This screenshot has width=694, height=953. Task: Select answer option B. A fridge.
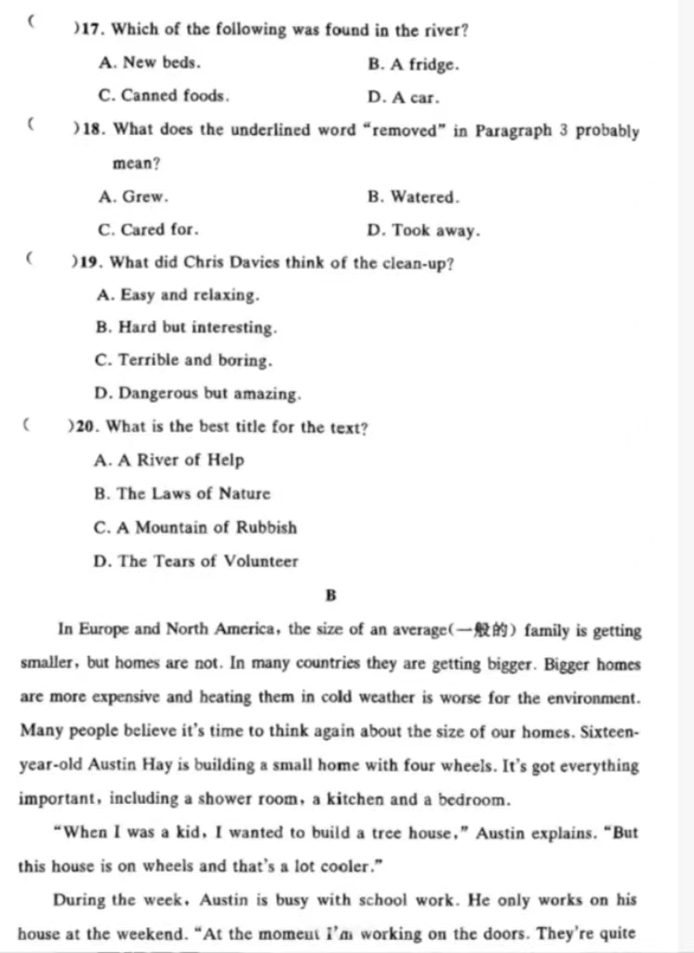point(413,64)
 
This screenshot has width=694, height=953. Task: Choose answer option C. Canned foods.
point(163,96)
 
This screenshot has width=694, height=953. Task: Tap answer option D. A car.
point(404,97)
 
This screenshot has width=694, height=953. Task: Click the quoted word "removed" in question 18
point(406,130)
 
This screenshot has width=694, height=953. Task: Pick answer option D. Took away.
point(424,230)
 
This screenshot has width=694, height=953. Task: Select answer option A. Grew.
point(132,196)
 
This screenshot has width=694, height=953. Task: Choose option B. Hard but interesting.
point(186,328)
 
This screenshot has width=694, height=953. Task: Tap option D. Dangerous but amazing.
point(198,394)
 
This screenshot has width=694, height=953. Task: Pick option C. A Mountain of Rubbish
point(195,528)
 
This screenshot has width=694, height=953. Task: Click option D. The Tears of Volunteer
point(196,561)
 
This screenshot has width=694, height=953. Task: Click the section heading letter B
point(331,596)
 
